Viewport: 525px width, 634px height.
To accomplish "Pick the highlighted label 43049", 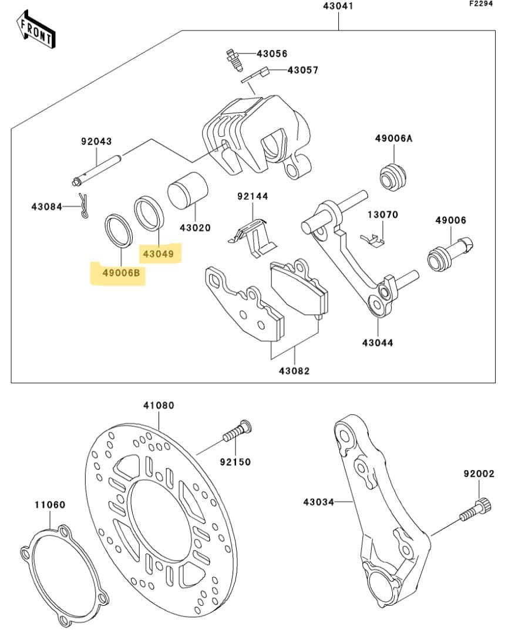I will (159, 254).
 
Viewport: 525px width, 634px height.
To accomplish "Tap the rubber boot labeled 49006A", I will (392, 176).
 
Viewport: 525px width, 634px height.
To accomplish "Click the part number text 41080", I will (159, 405).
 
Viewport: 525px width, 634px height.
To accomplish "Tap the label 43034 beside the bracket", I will (318, 502).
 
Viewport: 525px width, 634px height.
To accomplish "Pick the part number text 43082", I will (294, 371).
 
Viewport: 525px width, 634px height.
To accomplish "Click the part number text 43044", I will (378, 342).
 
